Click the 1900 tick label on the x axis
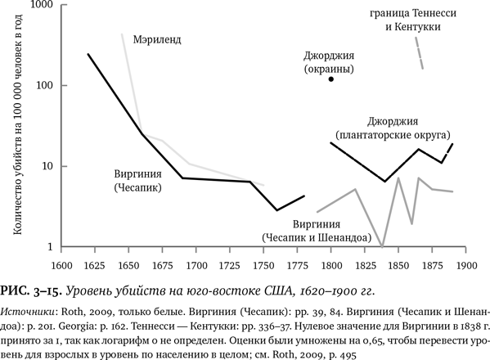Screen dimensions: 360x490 [466, 265]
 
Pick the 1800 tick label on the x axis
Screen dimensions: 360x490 [331, 265]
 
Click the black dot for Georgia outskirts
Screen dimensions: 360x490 [331, 80]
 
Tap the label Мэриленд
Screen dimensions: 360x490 [160, 38]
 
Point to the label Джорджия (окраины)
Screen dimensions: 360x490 [330, 62]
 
